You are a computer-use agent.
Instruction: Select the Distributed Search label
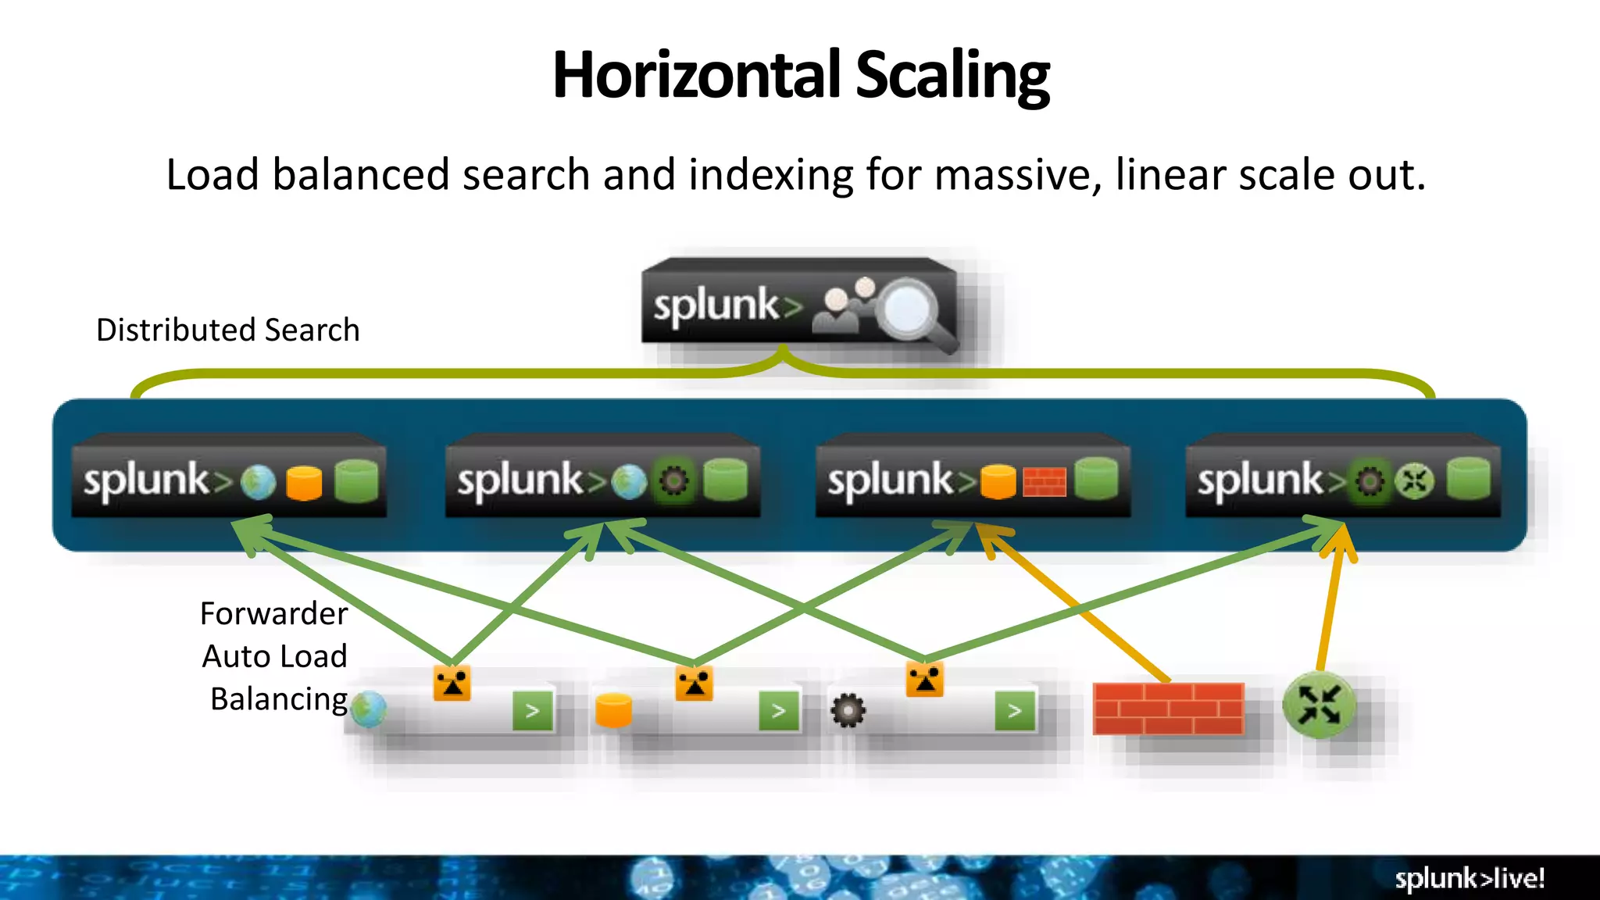227,330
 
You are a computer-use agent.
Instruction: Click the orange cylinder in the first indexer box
304,482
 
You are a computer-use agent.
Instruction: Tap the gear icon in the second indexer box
674,481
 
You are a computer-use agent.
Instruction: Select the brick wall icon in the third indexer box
1044,482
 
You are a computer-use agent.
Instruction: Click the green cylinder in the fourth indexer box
1468,479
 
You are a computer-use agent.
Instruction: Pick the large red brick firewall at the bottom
1168,709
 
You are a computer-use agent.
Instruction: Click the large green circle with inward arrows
1320,705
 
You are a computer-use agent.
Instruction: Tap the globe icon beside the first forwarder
369,709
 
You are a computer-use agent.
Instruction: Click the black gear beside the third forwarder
848,711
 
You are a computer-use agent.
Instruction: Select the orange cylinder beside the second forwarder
613,710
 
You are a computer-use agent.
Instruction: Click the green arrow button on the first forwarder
533,711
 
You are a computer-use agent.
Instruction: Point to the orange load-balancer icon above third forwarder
924,680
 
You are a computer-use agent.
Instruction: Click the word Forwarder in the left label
273,614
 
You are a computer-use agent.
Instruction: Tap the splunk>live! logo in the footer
1469,879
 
